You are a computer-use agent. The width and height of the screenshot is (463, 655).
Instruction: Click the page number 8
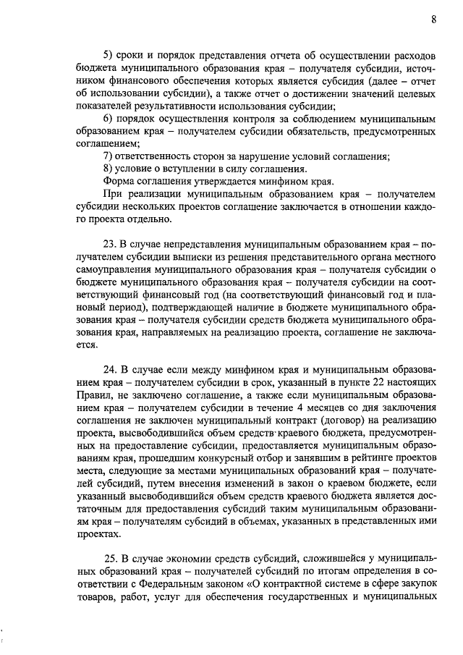click(433, 20)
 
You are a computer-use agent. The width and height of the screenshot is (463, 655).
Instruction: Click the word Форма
click(120, 181)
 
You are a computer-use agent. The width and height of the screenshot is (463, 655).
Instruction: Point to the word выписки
click(203, 256)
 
